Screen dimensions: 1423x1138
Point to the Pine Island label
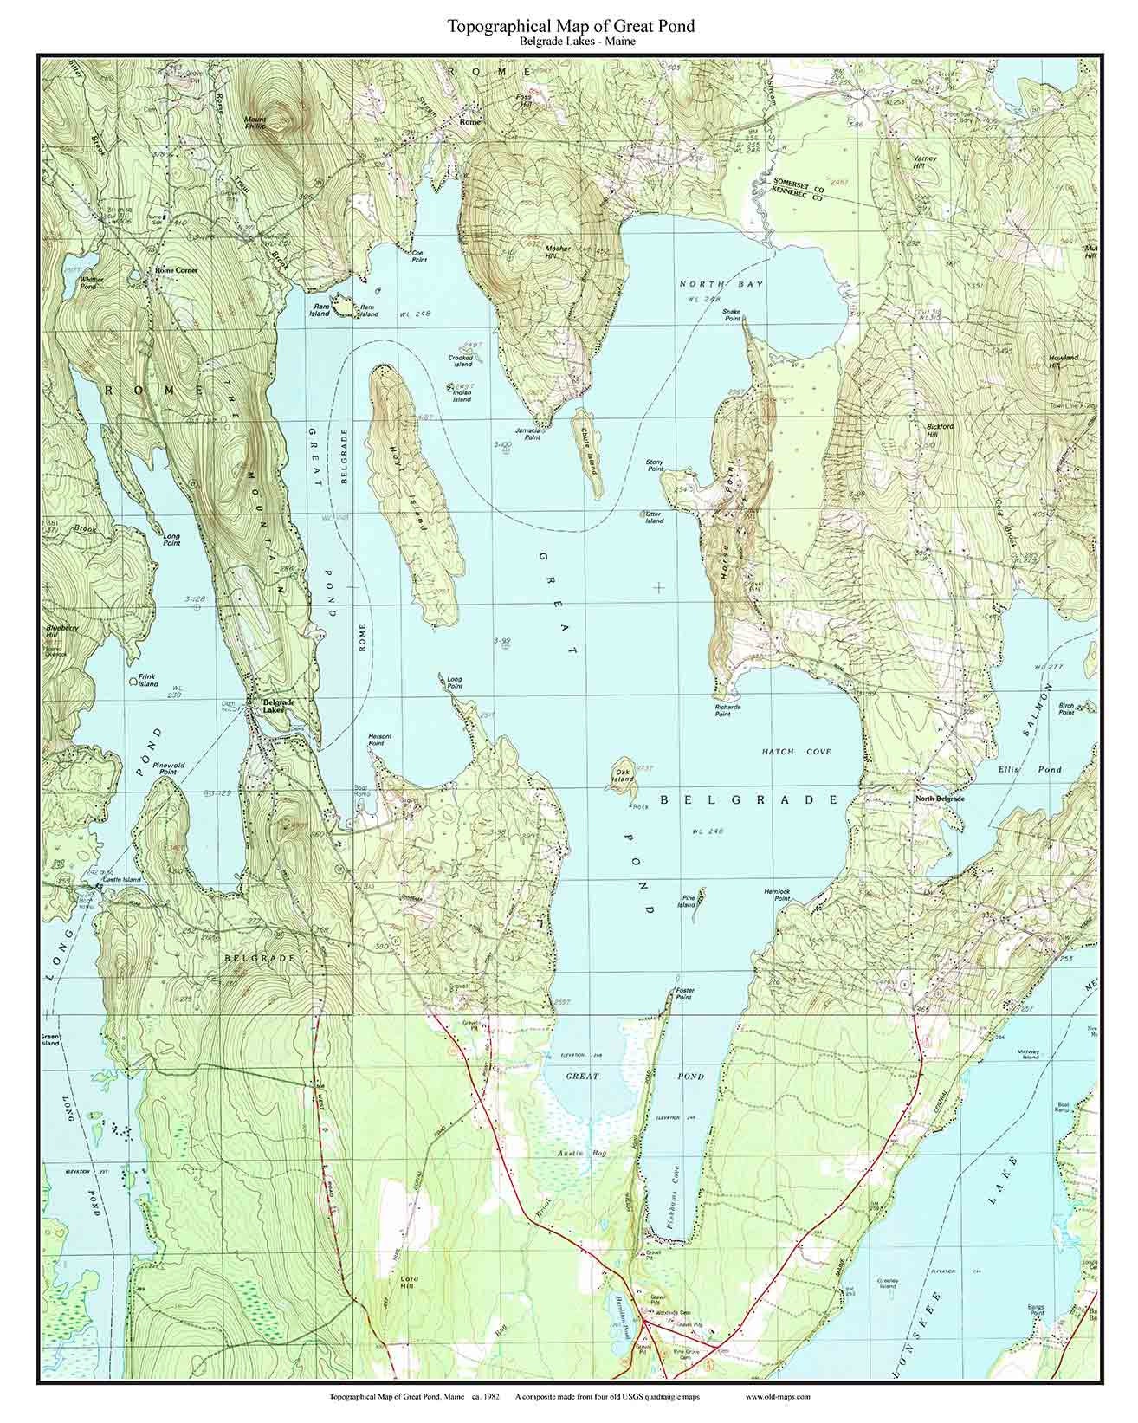tap(688, 902)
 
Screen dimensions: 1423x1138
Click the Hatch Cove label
tap(796, 752)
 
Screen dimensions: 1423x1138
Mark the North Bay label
tap(712, 284)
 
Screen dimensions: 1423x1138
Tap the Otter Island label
tap(654, 517)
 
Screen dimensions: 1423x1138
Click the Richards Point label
tap(727, 711)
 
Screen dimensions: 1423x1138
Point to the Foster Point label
tap(685, 994)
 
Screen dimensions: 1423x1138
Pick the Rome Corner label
tap(176, 271)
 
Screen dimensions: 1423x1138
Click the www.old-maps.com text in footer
tap(777, 1397)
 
